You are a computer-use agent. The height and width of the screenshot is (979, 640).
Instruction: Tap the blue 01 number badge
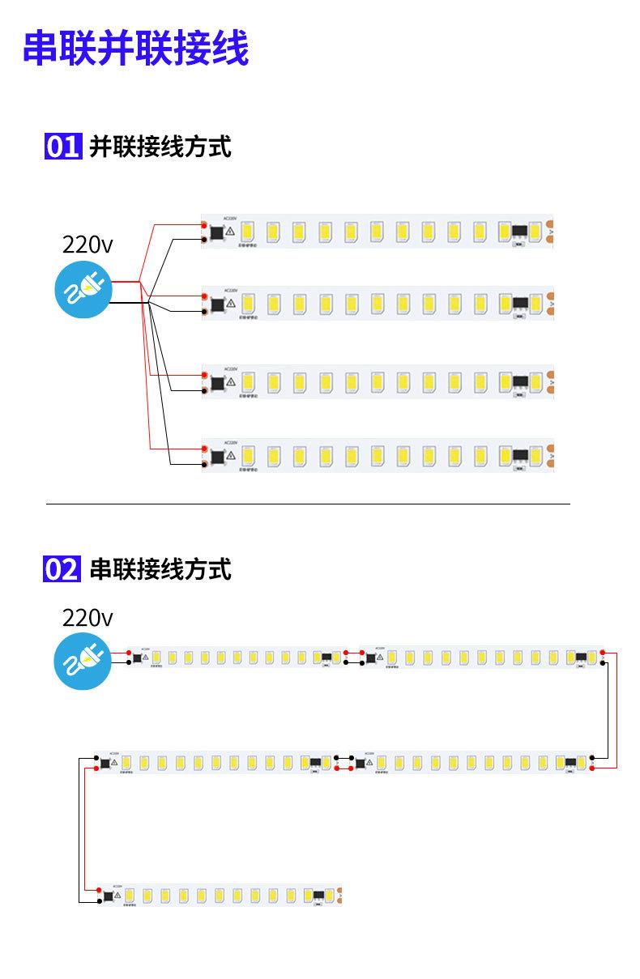coord(62,147)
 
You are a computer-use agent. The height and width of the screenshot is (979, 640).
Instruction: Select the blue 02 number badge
coord(62,569)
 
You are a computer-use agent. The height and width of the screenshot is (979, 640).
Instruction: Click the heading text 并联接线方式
coord(160,147)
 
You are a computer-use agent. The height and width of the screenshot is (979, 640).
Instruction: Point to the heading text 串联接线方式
coord(160,569)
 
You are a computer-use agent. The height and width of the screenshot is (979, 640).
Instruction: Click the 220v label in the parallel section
coord(87,245)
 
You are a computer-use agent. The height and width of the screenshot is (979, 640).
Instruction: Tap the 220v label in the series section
coord(87,619)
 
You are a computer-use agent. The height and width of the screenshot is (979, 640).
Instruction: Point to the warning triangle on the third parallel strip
coord(231,380)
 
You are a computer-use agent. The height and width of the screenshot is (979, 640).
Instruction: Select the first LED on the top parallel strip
coord(248,232)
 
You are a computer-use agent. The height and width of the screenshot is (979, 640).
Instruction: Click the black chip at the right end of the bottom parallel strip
coord(520,455)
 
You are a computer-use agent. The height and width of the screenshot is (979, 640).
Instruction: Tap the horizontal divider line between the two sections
coord(308,504)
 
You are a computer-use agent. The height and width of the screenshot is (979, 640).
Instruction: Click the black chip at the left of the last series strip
coord(107,895)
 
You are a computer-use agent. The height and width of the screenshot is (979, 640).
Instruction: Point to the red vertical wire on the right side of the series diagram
coord(616,709)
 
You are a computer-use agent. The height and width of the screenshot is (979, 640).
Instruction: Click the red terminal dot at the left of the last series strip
coord(97,889)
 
